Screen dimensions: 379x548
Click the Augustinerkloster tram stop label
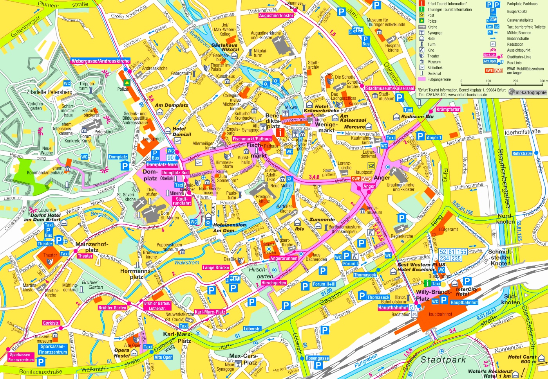276,16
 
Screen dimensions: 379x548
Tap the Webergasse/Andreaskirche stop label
100,61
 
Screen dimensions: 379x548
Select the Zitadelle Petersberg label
49,92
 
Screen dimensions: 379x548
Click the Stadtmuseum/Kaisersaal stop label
390,88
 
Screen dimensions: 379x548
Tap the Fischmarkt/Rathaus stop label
252,139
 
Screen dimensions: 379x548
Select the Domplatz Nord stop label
162,165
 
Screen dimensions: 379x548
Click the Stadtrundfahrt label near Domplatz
182,201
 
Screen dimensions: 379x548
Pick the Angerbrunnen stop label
284,259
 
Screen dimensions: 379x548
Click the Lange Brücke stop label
215,268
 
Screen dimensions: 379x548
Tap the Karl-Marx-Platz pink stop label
210,312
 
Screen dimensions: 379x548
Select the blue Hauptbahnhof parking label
464,302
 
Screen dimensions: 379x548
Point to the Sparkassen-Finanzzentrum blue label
53,349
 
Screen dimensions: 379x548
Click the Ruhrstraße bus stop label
522,153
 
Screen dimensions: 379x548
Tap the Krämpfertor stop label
448,110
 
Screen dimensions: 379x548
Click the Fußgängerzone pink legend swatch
422,79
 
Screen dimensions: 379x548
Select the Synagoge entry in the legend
435,33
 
